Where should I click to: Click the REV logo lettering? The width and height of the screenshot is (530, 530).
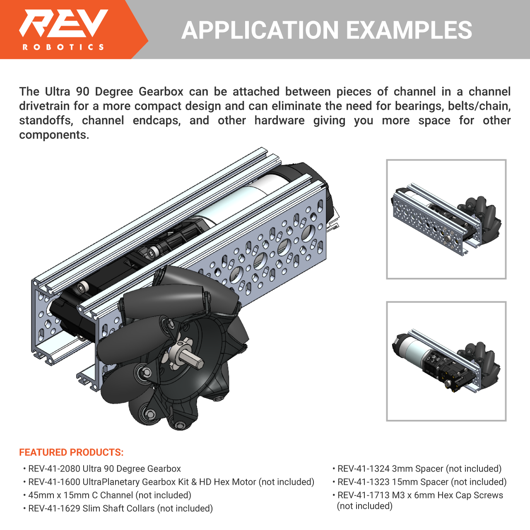pos(63,23)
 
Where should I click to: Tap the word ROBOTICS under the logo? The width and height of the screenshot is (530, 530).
pos(63,47)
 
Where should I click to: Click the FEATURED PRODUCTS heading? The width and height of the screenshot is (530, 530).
pos(71,452)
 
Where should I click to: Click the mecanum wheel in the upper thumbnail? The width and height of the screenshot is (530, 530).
pos(479,220)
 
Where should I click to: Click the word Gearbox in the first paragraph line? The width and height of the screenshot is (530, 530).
pos(161,92)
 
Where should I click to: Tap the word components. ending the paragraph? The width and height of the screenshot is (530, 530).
pos(54,135)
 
